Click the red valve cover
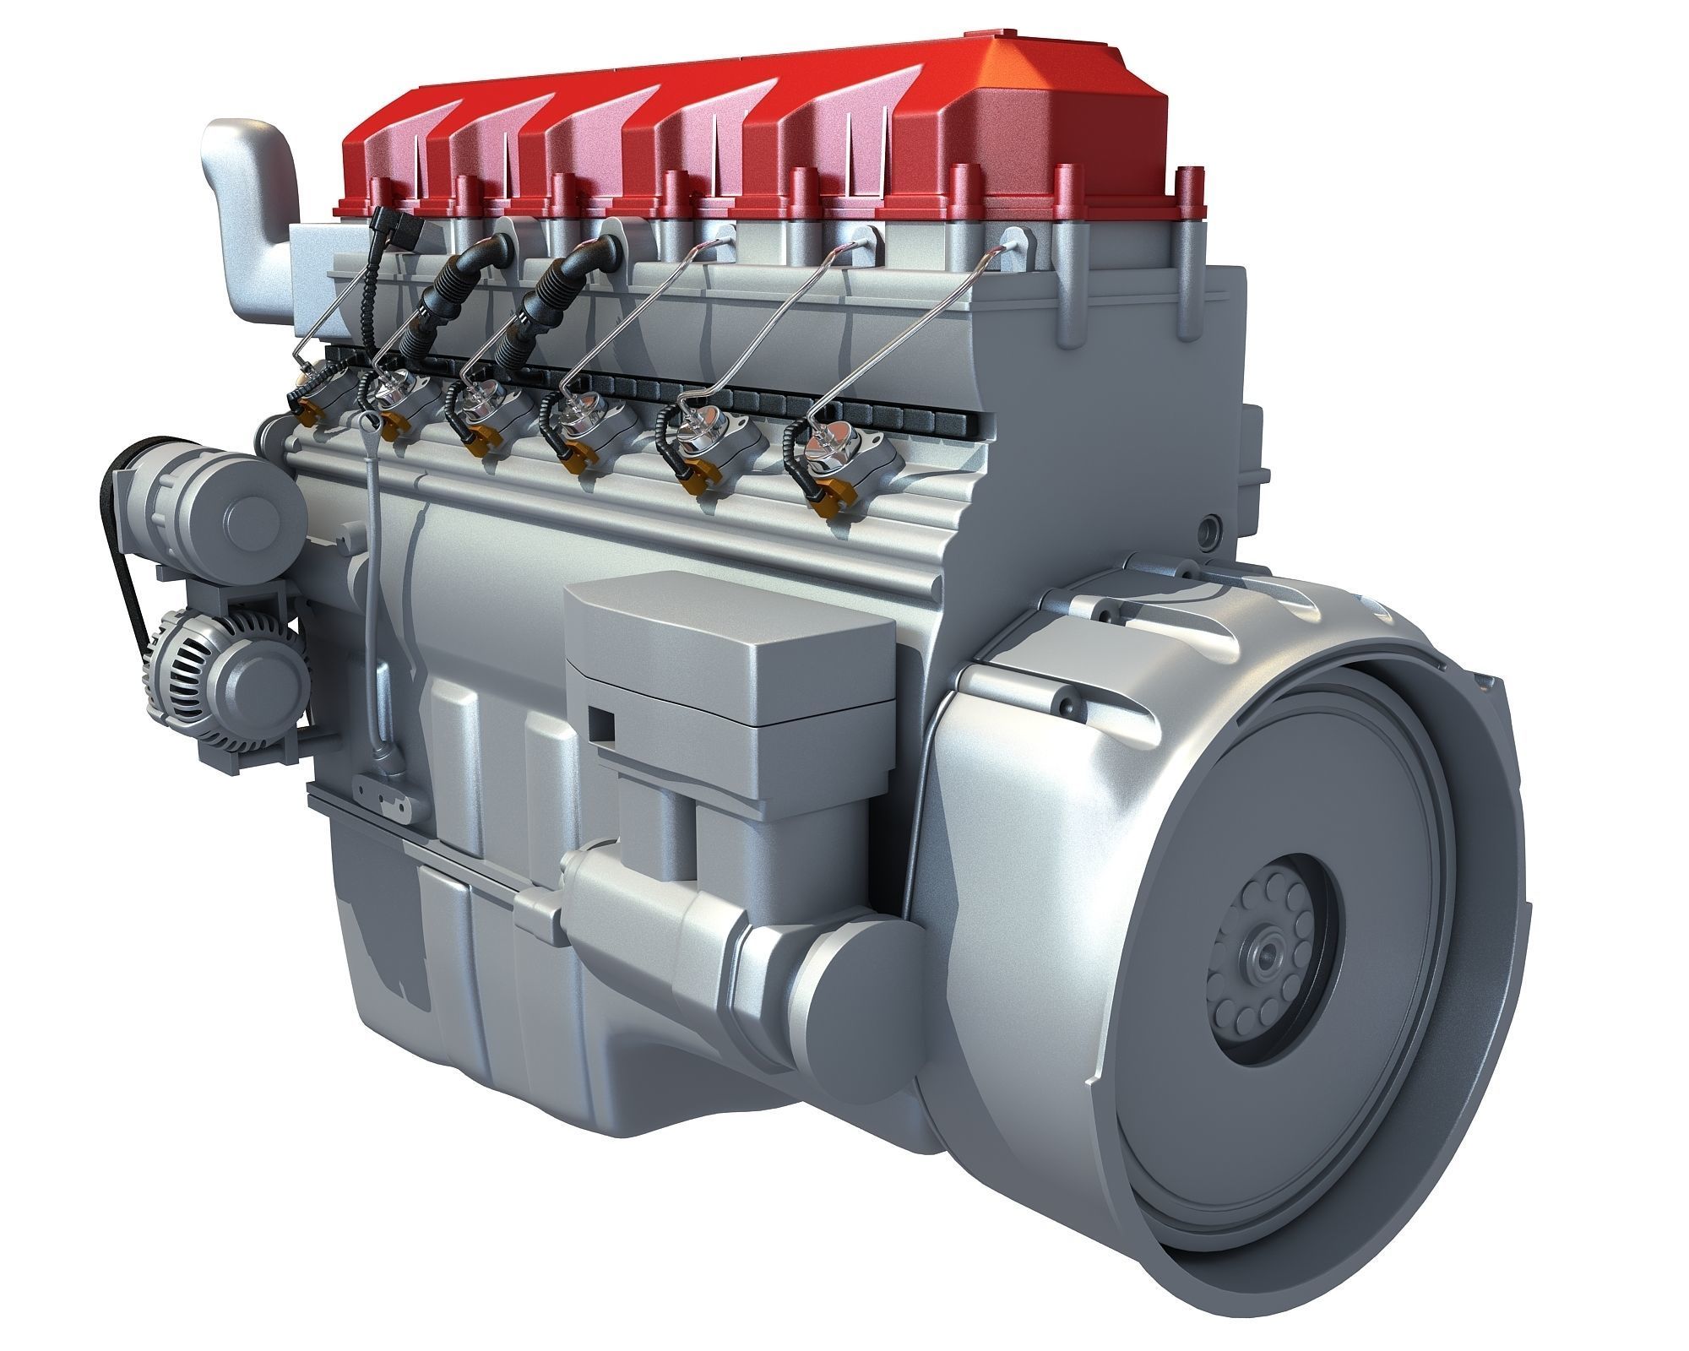[x=760, y=135]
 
